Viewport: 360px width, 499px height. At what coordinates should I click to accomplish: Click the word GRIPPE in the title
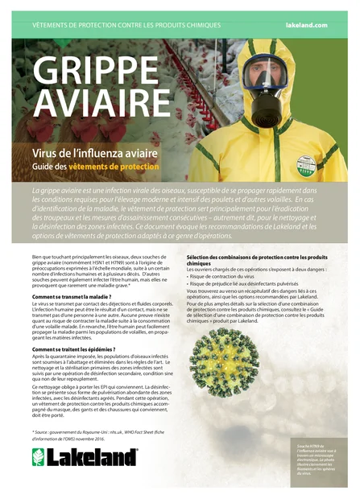103,73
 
